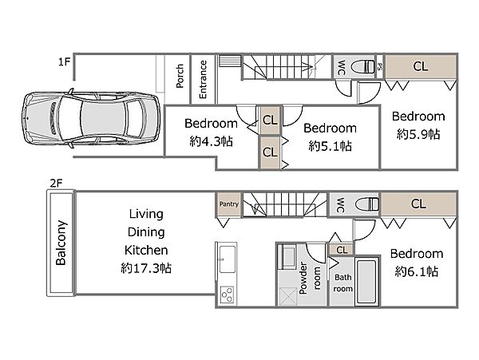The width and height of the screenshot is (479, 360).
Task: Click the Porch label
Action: [180, 76]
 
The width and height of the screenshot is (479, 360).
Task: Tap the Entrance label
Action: [203, 79]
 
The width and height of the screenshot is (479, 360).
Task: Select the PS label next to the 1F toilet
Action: [379, 66]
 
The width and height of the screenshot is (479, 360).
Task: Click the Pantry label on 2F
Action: [229, 204]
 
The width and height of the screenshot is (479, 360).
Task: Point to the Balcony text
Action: [61, 243]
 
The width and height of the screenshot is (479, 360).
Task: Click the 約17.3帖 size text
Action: [146, 268]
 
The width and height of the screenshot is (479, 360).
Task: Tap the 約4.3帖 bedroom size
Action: [211, 141]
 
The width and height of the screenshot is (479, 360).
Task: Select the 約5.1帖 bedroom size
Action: [330, 146]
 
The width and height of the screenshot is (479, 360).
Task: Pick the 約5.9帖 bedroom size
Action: [418, 134]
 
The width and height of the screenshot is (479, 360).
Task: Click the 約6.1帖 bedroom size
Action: [417, 271]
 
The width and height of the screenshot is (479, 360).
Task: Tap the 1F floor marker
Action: [64, 62]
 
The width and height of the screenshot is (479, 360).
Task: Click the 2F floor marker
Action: [56, 183]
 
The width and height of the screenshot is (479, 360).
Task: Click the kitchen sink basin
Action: [228, 259]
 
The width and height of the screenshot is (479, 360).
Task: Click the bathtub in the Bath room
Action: [366, 282]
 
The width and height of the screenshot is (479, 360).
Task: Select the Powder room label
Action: [310, 278]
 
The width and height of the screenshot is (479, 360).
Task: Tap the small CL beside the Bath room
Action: [342, 250]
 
